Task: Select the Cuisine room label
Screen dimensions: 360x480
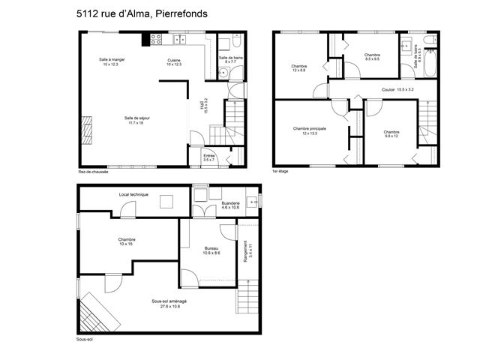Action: [174, 61]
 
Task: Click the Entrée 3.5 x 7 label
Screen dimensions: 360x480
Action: [209, 157]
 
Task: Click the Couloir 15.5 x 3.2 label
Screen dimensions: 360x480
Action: [397, 89]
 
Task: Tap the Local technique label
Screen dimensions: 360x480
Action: [133, 194]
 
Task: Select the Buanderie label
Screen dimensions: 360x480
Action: [231, 205]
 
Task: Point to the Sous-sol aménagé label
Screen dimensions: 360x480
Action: [169, 303]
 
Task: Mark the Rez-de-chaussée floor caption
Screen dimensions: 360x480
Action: [93, 171]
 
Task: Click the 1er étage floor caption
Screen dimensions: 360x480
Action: [281, 171]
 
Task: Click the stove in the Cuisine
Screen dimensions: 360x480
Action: [157, 39]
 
